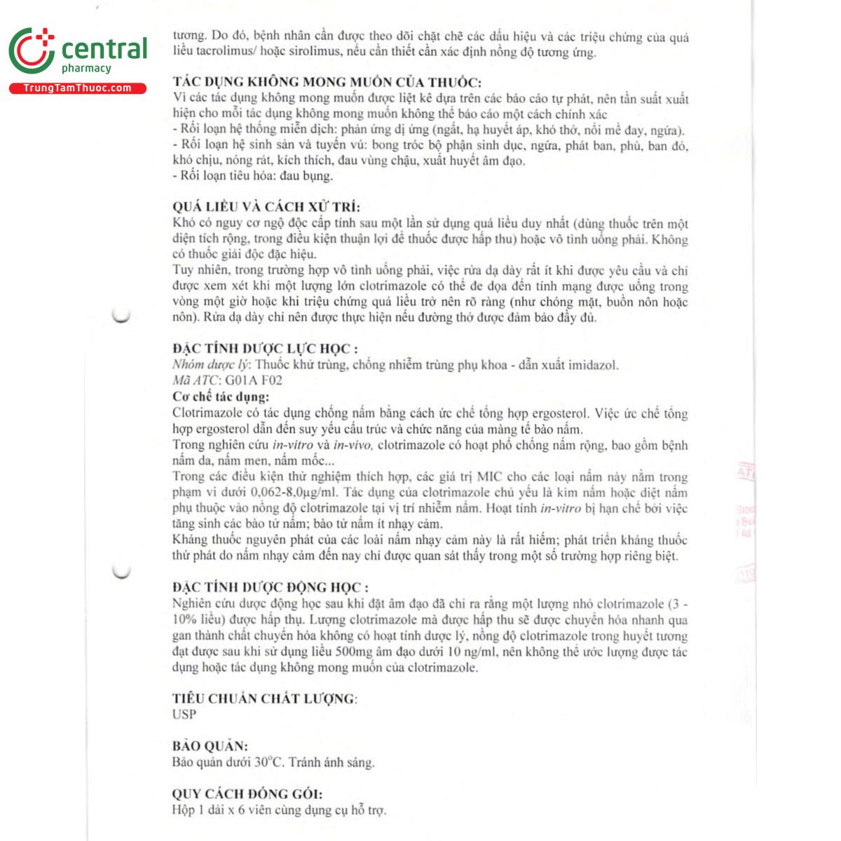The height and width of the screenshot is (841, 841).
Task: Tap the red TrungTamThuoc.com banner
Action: point(77,88)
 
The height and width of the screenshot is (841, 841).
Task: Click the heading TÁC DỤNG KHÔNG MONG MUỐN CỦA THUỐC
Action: point(327,82)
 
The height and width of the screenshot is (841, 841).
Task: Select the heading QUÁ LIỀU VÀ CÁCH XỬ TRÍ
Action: point(266,207)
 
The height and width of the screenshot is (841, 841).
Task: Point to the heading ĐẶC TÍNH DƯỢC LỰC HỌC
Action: point(265,349)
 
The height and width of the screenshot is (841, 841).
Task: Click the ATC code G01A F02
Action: point(253,381)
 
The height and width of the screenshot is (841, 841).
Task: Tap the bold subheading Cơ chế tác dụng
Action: point(221,397)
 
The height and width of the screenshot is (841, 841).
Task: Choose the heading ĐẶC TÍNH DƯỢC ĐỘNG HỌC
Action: point(270,588)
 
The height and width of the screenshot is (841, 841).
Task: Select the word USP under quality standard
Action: point(184,714)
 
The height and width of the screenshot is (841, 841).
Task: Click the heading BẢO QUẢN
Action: point(210,746)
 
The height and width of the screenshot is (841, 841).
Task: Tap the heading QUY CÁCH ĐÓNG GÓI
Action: point(247,794)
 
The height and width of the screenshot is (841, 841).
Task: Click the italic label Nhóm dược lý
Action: point(210,365)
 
